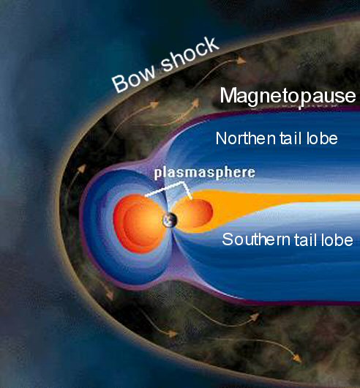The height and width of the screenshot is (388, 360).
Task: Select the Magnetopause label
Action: pyautogui.click(x=288, y=97)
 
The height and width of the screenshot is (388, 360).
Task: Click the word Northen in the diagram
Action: pyautogui.click(x=245, y=138)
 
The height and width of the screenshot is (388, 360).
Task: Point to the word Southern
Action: pyautogui.click(x=256, y=239)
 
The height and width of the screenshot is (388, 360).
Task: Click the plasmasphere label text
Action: pyautogui.click(x=204, y=173)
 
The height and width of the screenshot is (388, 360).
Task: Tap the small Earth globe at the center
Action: pyautogui.click(x=170, y=220)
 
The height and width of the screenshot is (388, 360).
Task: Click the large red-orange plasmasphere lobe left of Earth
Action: pyautogui.click(x=139, y=223)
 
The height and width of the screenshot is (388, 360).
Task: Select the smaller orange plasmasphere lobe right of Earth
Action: pyautogui.click(x=193, y=213)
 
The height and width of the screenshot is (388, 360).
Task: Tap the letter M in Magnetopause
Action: pyautogui.click(x=229, y=95)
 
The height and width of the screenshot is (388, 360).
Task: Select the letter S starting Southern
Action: pyautogui.click(x=227, y=239)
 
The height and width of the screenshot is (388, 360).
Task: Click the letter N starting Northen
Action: pyautogui.click(x=221, y=138)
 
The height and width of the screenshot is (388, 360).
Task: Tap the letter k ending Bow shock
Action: pyautogui.click(x=212, y=45)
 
